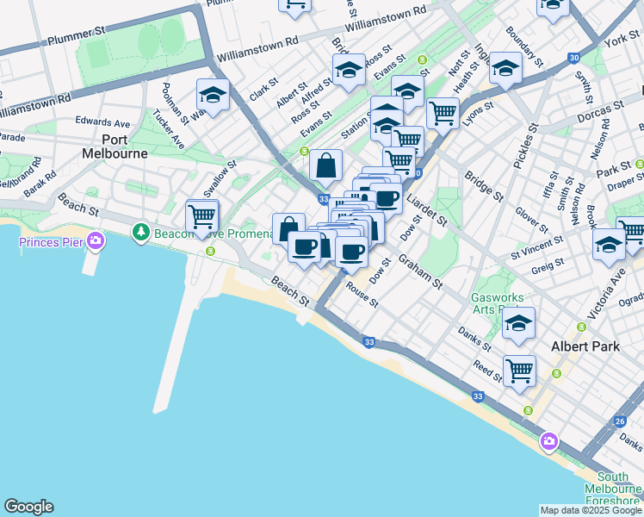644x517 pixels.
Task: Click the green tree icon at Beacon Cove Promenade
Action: click(x=139, y=232)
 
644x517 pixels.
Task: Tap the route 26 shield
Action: click(x=620, y=421)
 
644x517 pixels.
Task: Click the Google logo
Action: click(x=28, y=507)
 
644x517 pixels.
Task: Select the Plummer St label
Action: click(x=76, y=36)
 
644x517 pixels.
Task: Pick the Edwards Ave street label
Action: click(x=102, y=122)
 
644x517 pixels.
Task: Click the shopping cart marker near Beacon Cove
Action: click(x=201, y=217)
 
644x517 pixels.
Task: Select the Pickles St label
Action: click(x=528, y=138)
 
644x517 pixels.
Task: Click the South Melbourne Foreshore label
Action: click(x=618, y=489)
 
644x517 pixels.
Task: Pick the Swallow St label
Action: click(x=220, y=177)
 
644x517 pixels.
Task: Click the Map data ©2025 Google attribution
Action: click(x=591, y=510)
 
